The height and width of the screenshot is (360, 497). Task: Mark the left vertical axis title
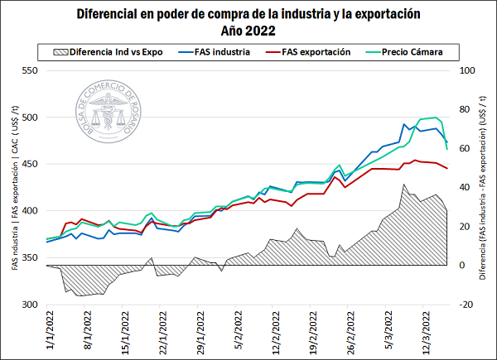(x=14, y=189)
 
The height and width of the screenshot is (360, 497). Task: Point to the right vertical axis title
(x=483, y=189)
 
